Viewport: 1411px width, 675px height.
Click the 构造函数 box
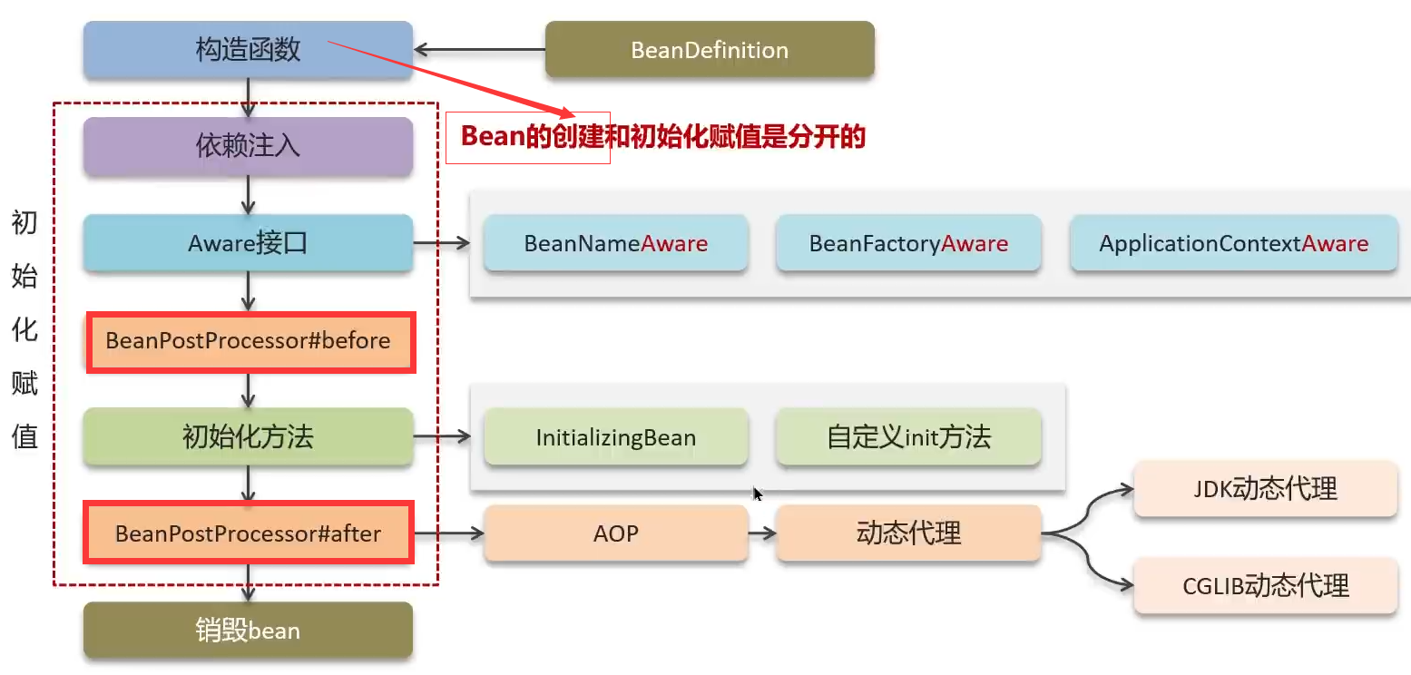point(248,50)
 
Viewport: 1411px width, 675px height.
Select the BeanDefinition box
point(710,50)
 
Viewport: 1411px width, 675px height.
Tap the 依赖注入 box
point(248,146)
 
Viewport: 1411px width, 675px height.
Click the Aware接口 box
point(248,243)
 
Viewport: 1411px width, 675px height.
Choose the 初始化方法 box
point(248,437)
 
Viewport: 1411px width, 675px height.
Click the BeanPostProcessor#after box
point(249,533)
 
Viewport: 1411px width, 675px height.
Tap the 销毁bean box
point(248,631)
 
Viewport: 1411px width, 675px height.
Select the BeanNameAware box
point(615,243)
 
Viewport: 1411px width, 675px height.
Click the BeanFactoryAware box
point(908,243)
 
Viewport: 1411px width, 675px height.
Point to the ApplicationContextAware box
point(1234,243)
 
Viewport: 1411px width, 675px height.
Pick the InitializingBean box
point(615,437)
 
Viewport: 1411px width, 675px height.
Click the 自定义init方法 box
point(908,437)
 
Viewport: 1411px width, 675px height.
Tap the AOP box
point(615,533)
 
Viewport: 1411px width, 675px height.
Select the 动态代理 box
point(908,533)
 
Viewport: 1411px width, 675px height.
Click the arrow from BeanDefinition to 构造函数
point(479,50)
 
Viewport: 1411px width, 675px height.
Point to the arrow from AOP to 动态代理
point(762,533)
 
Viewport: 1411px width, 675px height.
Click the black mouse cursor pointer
point(758,494)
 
